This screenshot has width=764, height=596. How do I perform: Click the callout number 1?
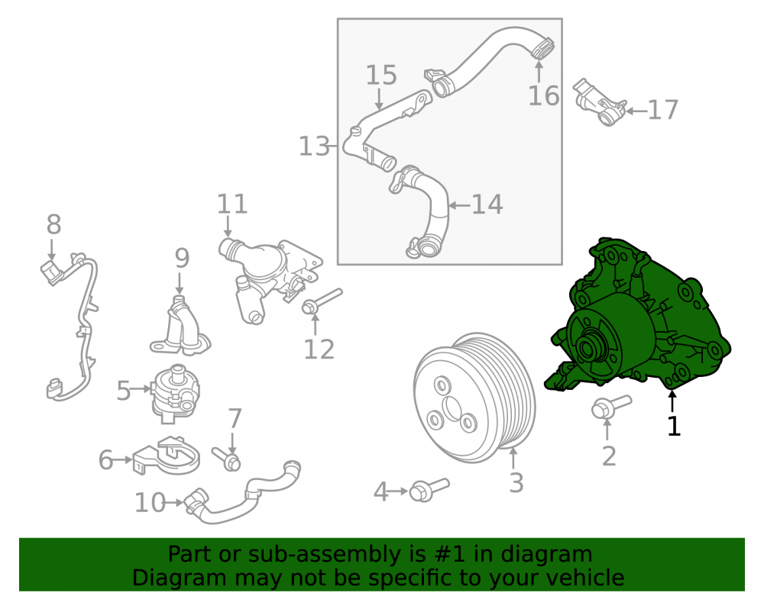pos(673,426)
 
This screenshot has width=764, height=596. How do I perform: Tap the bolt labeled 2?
pos(611,408)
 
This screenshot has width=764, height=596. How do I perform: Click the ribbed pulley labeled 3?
pos(474,398)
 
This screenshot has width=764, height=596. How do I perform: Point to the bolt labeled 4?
pos(429,489)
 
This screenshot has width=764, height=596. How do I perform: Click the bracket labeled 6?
pos(166,456)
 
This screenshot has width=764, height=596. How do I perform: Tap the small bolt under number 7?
pos(226,459)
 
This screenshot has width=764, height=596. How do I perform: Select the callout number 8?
pos(53,224)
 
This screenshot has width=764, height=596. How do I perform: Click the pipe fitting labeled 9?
pos(180,325)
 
